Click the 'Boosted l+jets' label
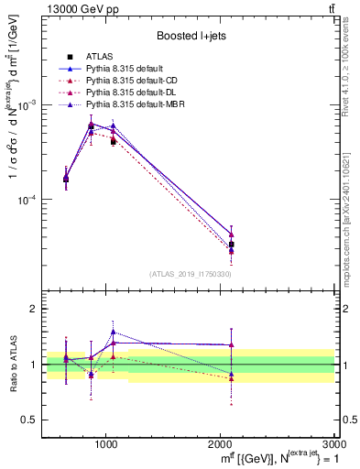(x=191, y=36)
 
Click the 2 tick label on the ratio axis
(x=34, y=310)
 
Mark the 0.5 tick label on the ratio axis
(x=30, y=420)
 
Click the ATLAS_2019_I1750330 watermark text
(x=191, y=274)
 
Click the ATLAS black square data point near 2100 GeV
(x=231, y=245)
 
